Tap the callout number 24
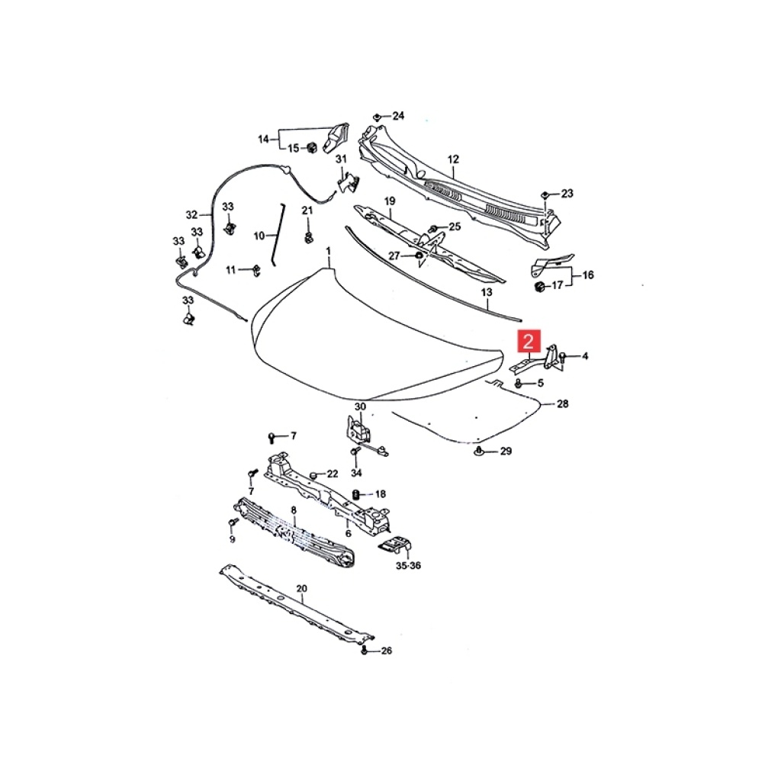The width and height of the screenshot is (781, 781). [x=398, y=116]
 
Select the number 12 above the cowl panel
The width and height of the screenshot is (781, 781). [x=453, y=159]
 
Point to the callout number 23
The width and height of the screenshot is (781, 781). [x=566, y=194]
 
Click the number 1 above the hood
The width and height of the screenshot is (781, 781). [x=329, y=251]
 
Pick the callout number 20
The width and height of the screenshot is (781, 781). [x=301, y=589]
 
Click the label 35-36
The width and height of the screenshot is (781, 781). [x=408, y=566]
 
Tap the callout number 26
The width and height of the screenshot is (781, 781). [x=386, y=651]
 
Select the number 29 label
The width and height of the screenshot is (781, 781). [x=506, y=452]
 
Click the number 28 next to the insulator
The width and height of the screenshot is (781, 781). [x=562, y=404]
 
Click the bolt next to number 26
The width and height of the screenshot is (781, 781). [x=365, y=650]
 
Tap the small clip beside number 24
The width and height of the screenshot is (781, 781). [x=378, y=116]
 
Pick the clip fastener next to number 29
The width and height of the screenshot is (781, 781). [x=479, y=453]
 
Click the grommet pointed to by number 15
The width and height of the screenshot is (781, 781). [x=311, y=147]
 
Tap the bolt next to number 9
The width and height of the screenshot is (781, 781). [x=232, y=522]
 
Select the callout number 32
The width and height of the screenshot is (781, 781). [x=191, y=214]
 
